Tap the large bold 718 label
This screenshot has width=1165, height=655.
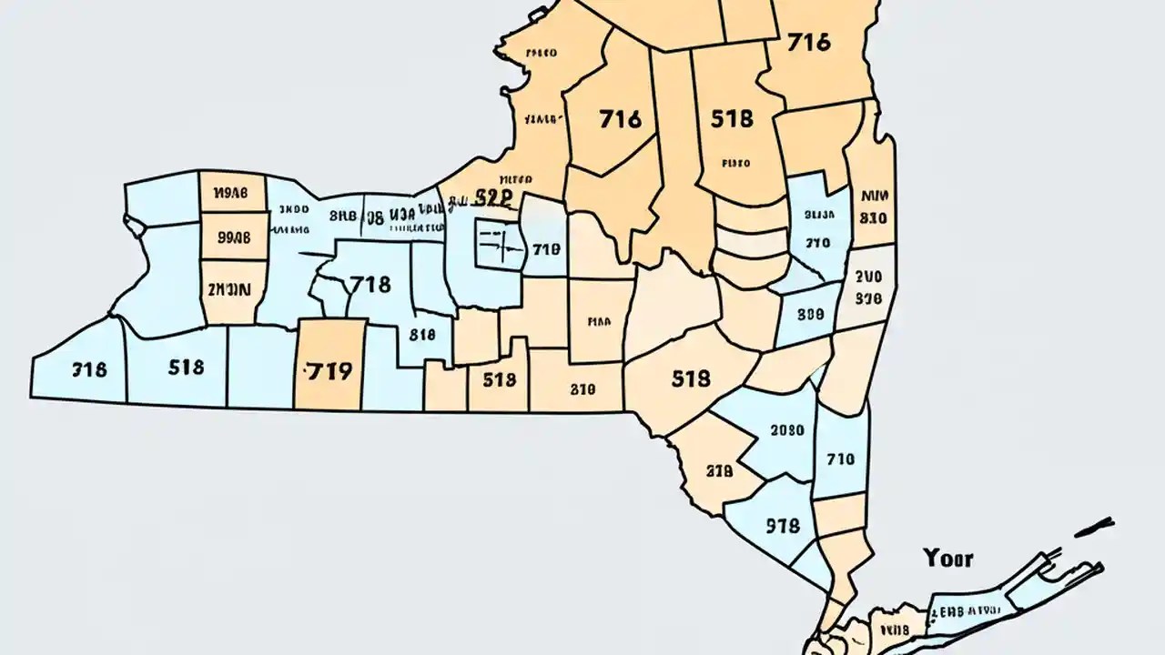[370, 285]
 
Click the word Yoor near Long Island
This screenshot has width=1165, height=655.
[947, 558]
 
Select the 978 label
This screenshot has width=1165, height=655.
[783, 526]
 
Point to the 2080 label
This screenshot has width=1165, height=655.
[786, 430]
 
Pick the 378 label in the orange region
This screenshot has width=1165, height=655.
[719, 471]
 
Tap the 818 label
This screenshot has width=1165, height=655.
[422, 334]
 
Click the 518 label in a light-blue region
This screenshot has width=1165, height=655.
[186, 368]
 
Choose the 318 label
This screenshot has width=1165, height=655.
[88, 369]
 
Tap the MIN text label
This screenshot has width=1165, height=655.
[873, 196]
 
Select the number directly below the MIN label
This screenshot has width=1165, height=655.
[873, 218]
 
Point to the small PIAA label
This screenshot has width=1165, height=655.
[598, 321]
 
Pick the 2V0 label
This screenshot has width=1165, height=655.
[869, 277]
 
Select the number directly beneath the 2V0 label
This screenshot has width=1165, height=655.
[869, 297]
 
